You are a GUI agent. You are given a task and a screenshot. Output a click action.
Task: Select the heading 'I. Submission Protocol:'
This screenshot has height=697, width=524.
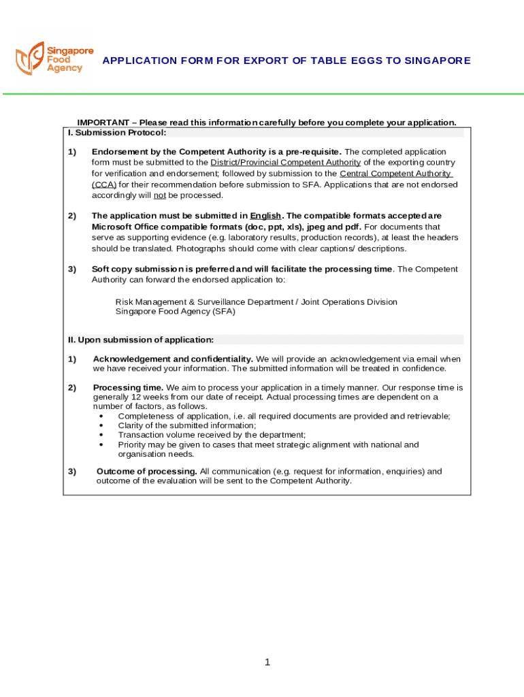(x=117, y=133)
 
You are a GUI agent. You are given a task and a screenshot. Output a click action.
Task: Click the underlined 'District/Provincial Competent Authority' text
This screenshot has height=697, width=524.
(x=285, y=163)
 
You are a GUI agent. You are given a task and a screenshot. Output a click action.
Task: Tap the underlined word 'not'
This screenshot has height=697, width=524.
(x=159, y=195)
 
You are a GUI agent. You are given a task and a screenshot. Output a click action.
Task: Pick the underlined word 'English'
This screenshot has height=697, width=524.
(x=265, y=216)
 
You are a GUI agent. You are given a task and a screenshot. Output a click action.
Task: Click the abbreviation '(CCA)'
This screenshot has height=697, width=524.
(x=104, y=184)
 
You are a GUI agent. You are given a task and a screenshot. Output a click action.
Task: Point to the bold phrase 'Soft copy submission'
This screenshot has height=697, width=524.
(x=138, y=269)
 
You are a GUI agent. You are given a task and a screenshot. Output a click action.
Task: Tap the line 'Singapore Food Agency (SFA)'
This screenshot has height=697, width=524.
(x=175, y=312)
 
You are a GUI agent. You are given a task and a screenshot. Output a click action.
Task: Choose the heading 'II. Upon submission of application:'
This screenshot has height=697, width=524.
(x=141, y=340)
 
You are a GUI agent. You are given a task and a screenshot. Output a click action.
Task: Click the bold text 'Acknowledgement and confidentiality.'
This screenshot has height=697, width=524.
(x=173, y=359)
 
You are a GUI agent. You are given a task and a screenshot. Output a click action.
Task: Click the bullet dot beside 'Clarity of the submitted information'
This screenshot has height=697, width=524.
(x=101, y=425)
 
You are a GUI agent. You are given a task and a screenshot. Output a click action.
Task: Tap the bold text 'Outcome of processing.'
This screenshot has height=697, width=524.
(x=146, y=471)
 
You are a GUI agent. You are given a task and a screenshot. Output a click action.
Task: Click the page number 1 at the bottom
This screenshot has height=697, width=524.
(x=267, y=662)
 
